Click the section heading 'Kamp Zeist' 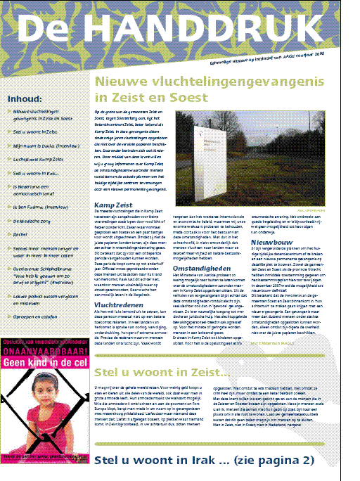113,205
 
